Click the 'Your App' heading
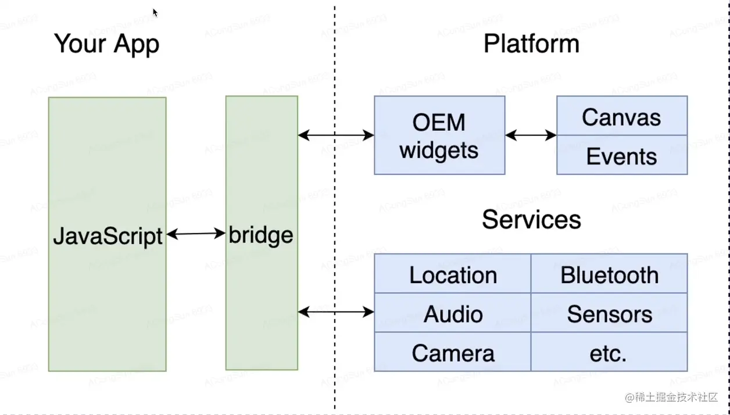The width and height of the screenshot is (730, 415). click(106, 44)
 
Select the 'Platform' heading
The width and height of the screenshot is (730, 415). click(531, 44)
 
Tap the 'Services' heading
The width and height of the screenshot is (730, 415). click(531, 220)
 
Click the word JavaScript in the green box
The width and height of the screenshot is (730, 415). click(108, 236)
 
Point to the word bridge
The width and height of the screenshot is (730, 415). click(261, 235)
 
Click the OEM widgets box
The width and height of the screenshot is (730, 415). click(439, 136)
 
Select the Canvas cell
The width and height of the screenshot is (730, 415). click(621, 117)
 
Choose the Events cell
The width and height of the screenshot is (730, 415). click(621, 156)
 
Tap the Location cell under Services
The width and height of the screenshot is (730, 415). click(453, 275)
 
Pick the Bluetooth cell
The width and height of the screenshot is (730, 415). click(609, 275)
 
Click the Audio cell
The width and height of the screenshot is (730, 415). click(453, 314)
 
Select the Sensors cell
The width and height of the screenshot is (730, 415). click(609, 314)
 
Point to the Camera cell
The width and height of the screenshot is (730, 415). click(453, 353)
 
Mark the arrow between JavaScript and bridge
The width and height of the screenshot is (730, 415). click(196, 234)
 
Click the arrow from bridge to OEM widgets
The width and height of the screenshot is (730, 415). click(336, 135)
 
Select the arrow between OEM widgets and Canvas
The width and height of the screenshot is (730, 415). click(531, 135)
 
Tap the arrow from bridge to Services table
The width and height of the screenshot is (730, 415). click(336, 312)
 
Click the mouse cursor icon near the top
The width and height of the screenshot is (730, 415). click(155, 12)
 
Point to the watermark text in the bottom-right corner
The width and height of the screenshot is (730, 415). click(671, 398)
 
